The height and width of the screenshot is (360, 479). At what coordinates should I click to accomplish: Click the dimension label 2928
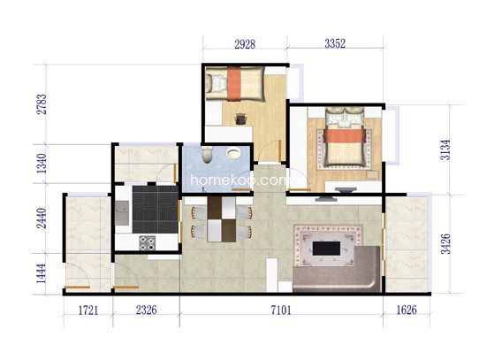[245, 44]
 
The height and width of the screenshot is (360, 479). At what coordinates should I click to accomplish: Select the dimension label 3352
[335, 43]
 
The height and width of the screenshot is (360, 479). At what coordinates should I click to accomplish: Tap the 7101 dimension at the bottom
[281, 310]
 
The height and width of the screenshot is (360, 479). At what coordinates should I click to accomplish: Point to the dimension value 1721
[88, 310]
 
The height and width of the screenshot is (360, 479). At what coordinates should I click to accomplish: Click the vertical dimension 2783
[42, 104]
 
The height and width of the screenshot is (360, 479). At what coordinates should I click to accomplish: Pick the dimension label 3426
[445, 244]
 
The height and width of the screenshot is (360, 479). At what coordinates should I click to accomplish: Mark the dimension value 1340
[42, 164]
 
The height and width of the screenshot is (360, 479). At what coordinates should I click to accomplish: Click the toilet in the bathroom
[208, 154]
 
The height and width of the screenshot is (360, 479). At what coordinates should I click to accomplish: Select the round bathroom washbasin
[233, 153]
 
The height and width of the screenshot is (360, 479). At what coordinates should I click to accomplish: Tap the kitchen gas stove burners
[147, 243]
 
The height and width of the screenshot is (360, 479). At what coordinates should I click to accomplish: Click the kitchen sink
[122, 213]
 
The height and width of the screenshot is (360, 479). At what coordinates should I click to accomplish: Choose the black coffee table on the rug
[326, 249]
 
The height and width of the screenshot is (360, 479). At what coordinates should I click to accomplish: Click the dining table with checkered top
[222, 219]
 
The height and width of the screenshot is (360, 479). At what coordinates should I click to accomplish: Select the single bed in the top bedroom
[235, 83]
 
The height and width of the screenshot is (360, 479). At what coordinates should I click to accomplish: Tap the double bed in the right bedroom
[345, 138]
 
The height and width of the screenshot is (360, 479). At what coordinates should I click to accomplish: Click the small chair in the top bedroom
[240, 119]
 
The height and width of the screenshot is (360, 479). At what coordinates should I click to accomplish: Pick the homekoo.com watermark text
[239, 180]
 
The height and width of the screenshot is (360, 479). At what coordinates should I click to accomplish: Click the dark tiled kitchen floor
[156, 210]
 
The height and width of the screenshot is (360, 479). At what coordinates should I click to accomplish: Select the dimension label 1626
[407, 310]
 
